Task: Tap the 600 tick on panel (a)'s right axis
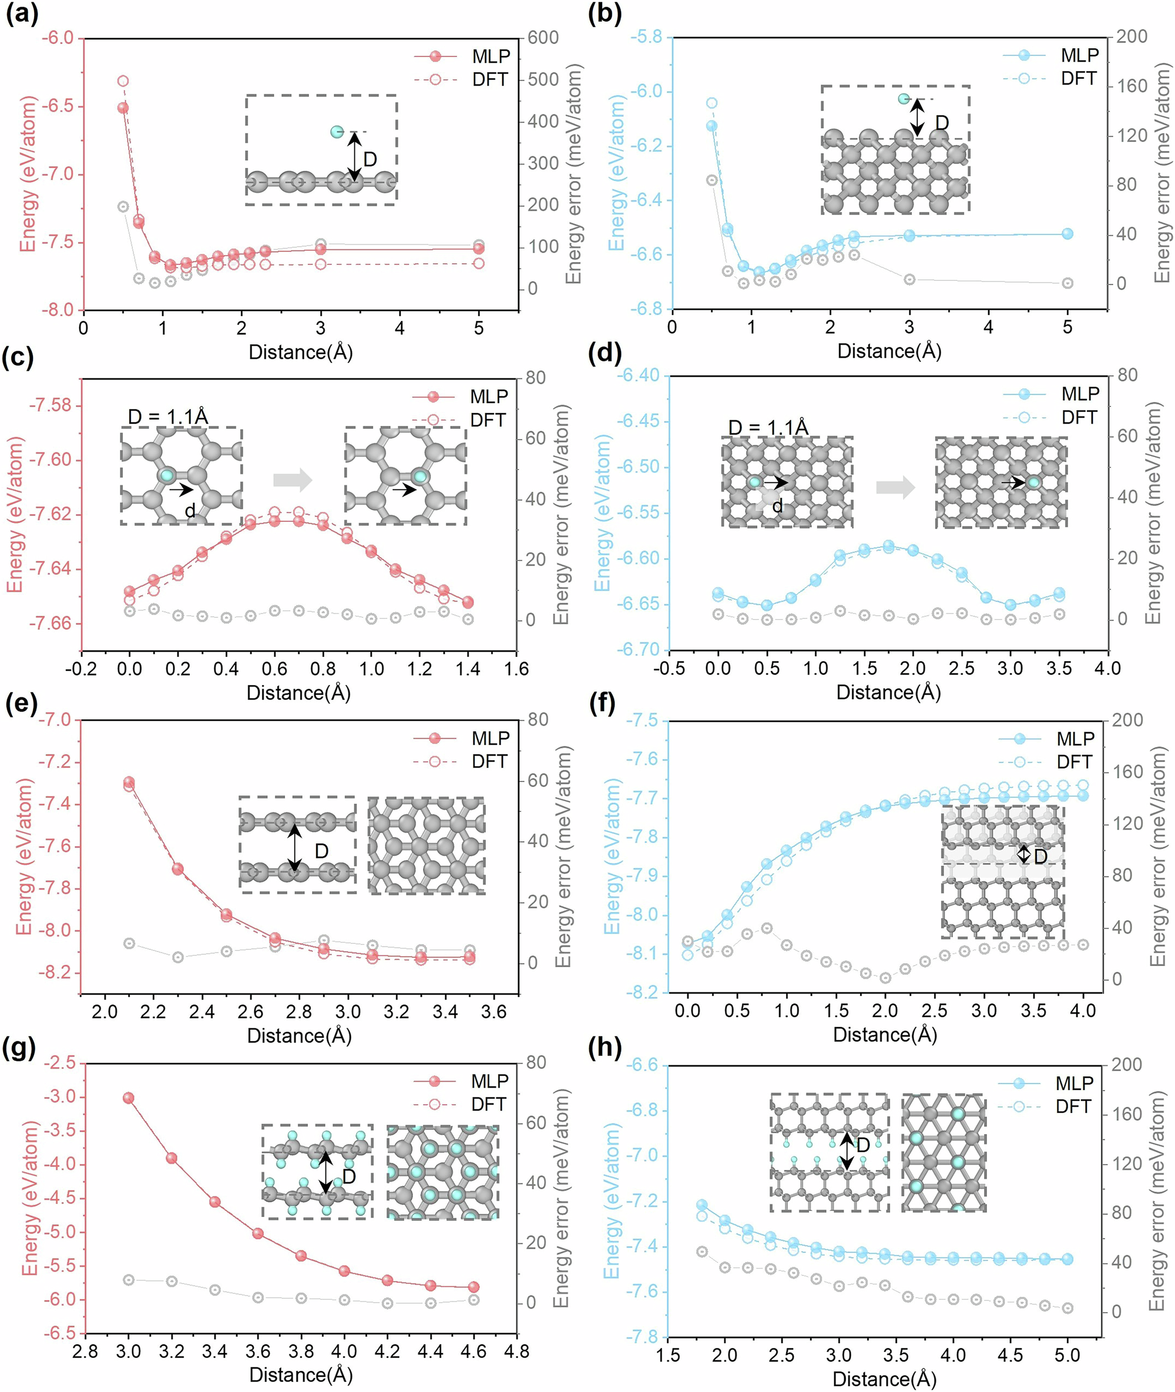coord(543,38)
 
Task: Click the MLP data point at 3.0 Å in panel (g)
coord(129,1098)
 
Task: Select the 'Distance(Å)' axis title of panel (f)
coord(885,1034)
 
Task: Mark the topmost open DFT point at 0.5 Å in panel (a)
coord(123,81)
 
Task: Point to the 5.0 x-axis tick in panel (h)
coord(1067,1355)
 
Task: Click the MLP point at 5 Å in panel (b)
coord(1067,234)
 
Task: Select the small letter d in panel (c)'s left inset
coord(190,511)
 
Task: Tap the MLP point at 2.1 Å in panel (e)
coord(129,782)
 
